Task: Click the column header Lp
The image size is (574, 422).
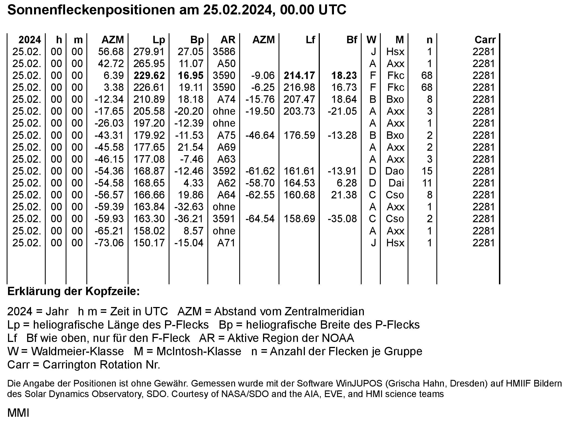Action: pos(159,40)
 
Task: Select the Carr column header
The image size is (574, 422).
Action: pos(485,40)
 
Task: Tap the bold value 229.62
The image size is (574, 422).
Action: pos(149,76)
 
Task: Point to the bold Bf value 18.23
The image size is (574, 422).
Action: pos(344,76)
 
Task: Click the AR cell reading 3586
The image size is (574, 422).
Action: pos(224,52)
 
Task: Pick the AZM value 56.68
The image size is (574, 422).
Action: pos(111,52)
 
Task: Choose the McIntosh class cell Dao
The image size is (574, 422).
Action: pos(395,171)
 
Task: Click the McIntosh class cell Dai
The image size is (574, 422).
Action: pos(396,183)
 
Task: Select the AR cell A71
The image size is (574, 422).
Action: pos(226,243)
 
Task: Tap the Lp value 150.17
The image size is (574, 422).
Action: pos(149,243)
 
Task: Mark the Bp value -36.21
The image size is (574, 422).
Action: pos(189,219)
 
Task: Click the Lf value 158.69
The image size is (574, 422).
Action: pos(299,219)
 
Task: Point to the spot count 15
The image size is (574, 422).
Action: pos(427,171)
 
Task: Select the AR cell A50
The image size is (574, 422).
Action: pos(226,64)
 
